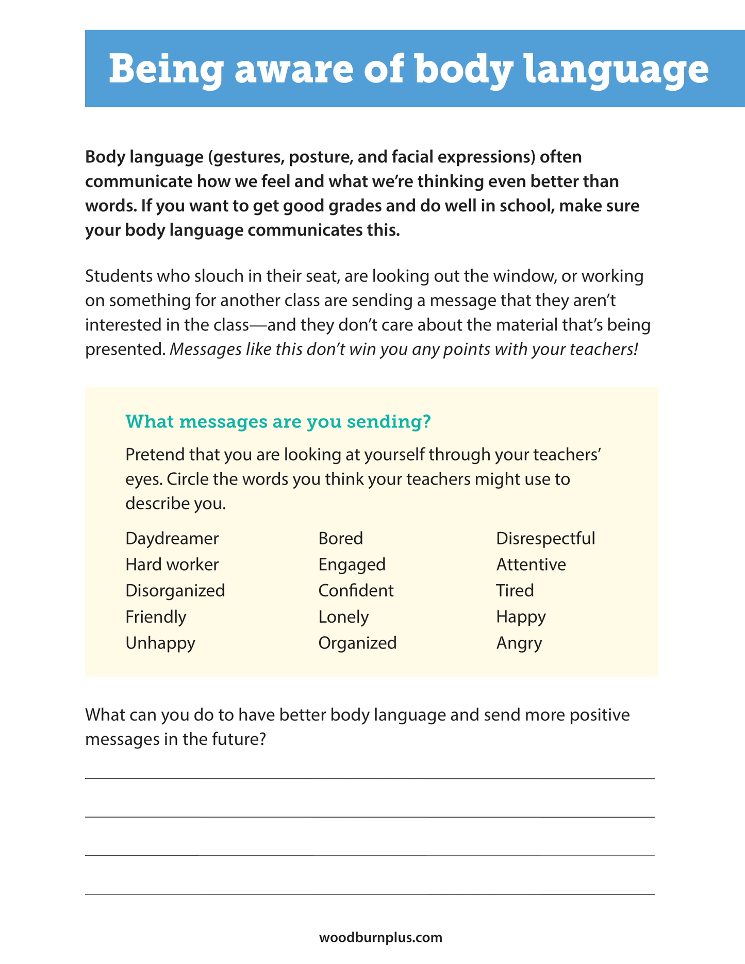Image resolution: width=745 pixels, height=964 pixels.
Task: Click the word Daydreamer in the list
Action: [x=172, y=539]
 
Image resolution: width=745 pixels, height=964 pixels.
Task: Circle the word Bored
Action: [x=340, y=539]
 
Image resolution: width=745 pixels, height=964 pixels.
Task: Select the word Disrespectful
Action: [x=545, y=539]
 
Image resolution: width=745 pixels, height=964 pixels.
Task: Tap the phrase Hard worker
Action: [x=172, y=564]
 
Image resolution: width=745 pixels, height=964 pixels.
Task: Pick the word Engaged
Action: [x=352, y=565]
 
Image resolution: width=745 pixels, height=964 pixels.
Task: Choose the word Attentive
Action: [x=531, y=564]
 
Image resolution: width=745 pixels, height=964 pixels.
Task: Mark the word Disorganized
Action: [x=175, y=591]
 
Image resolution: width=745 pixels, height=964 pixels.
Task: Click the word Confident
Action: [x=356, y=591]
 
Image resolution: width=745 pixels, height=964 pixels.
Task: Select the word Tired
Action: [x=515, y=591]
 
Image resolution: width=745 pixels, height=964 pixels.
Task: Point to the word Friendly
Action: [x=156, y=617]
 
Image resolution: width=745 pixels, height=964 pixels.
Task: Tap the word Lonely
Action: [x=343, y=617]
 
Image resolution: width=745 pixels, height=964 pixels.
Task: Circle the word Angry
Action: [x=519, y=643]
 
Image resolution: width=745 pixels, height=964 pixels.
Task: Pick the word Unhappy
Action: [x=160, y=643]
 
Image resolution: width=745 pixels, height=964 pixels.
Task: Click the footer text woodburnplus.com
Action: [x=380, y=937]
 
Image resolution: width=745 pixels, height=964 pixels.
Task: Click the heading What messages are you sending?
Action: [x=278, y=422]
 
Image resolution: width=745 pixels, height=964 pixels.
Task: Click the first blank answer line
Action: [x=370, y=778]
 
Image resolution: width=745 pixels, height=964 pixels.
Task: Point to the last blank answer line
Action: [x=370, y=893]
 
